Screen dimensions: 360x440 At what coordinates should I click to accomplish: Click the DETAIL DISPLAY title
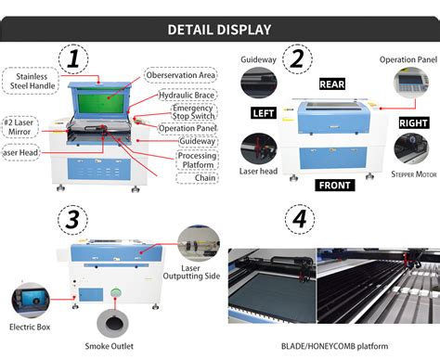tap(219, 29)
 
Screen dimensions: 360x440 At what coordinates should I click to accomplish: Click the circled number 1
tap(73, 62)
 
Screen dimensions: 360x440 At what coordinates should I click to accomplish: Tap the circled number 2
tap(296, 61)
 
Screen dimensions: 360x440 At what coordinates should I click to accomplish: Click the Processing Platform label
tap(197, 161)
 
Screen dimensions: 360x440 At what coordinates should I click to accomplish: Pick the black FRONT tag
tap(336, 184)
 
